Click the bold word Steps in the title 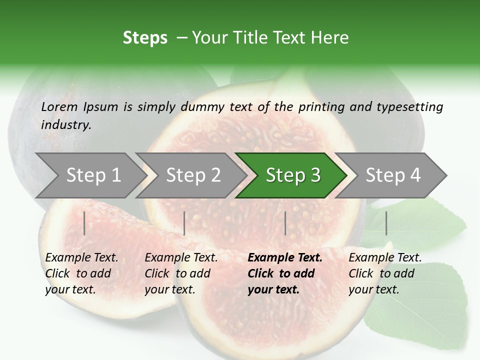145,38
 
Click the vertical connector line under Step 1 84,223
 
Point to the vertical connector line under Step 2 184,223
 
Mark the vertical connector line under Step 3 285,223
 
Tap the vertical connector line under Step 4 386,223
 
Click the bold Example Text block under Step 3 285,273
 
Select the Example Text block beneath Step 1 81,273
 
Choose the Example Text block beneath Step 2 181,273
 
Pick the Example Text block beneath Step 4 385,273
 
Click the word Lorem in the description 59,107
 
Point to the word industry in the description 66,125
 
